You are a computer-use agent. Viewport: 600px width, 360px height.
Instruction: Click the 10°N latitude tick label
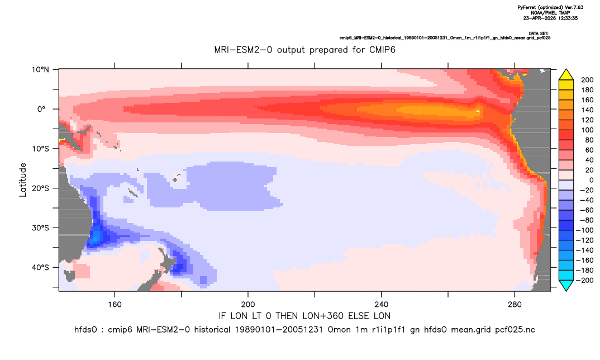40,70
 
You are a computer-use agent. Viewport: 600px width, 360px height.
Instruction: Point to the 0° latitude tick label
41,109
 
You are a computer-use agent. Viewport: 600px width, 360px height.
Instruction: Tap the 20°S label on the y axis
40,188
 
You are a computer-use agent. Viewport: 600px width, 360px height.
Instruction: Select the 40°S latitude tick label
40,267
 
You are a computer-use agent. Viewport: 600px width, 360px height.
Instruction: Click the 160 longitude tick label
115,305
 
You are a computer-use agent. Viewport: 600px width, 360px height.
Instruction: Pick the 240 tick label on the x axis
382,305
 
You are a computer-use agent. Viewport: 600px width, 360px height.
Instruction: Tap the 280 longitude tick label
515,305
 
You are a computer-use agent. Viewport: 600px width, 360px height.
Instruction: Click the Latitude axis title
23,180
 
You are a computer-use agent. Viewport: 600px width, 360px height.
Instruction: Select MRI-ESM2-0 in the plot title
243,50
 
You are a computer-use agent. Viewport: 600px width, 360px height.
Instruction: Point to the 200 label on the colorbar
587,80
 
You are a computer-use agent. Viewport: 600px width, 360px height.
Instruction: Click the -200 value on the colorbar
585,280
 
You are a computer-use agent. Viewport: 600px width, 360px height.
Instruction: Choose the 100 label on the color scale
587,130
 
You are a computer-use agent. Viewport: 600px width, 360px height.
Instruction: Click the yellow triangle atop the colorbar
566,75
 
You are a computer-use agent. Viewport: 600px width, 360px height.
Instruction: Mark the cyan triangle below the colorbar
566,285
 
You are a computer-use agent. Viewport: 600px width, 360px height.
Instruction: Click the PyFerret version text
550,7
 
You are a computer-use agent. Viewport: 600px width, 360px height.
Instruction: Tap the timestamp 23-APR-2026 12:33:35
550,18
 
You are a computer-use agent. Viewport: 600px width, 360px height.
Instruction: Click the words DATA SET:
539,34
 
